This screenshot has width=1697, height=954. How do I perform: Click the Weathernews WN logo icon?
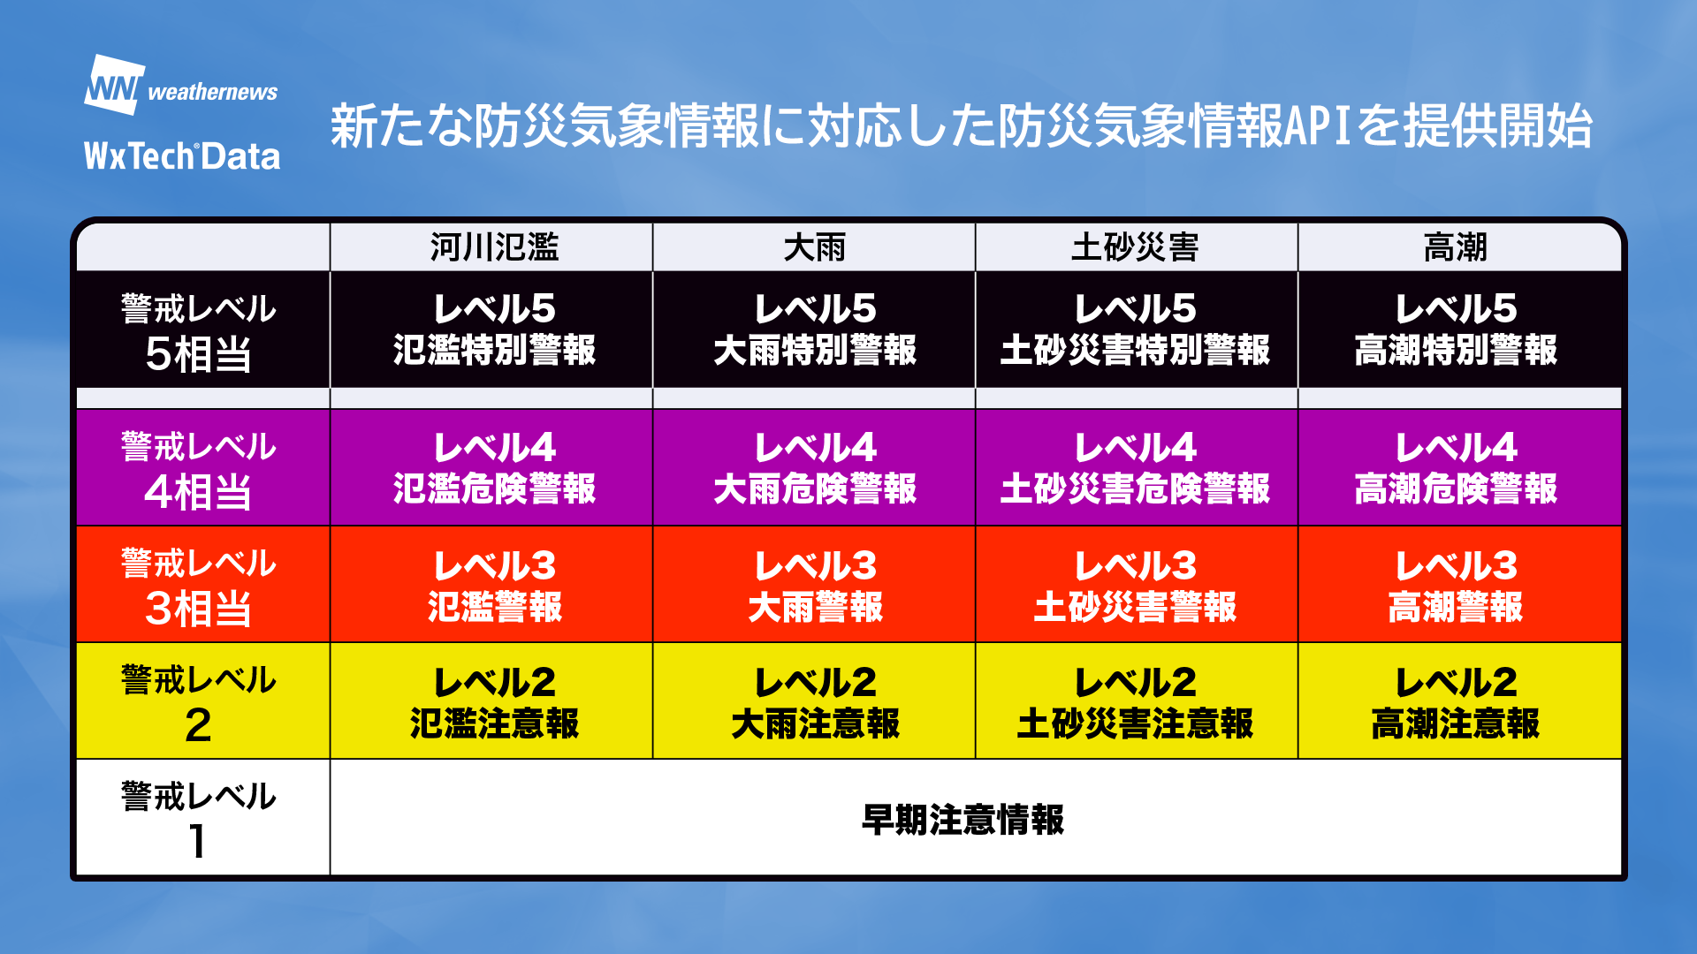(x=115, y=85)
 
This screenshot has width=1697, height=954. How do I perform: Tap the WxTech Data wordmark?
(x=182, y=156)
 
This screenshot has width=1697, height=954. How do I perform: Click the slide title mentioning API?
(x=961, y=125)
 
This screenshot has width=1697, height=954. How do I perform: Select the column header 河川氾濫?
(x=495, y=246)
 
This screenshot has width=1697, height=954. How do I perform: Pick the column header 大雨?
(x=815, y=246)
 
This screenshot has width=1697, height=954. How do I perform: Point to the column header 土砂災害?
(x=1136, y=246)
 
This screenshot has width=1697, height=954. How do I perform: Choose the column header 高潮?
(x=1456, y=246)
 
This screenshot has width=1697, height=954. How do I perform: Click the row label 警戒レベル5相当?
(x=199, y=332)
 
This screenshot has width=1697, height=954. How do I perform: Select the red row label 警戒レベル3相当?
(x=199, y=587)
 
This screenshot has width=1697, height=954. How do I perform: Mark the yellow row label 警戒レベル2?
(x=199, y=703)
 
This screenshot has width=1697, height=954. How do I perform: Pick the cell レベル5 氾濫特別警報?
(x=495, y=329)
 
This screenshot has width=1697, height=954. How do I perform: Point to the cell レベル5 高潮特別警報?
(x=1456, y=329)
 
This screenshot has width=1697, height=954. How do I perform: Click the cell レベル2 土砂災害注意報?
(x=1136, y=703)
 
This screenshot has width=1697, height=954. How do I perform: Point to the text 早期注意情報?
(x=963, y=820)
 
